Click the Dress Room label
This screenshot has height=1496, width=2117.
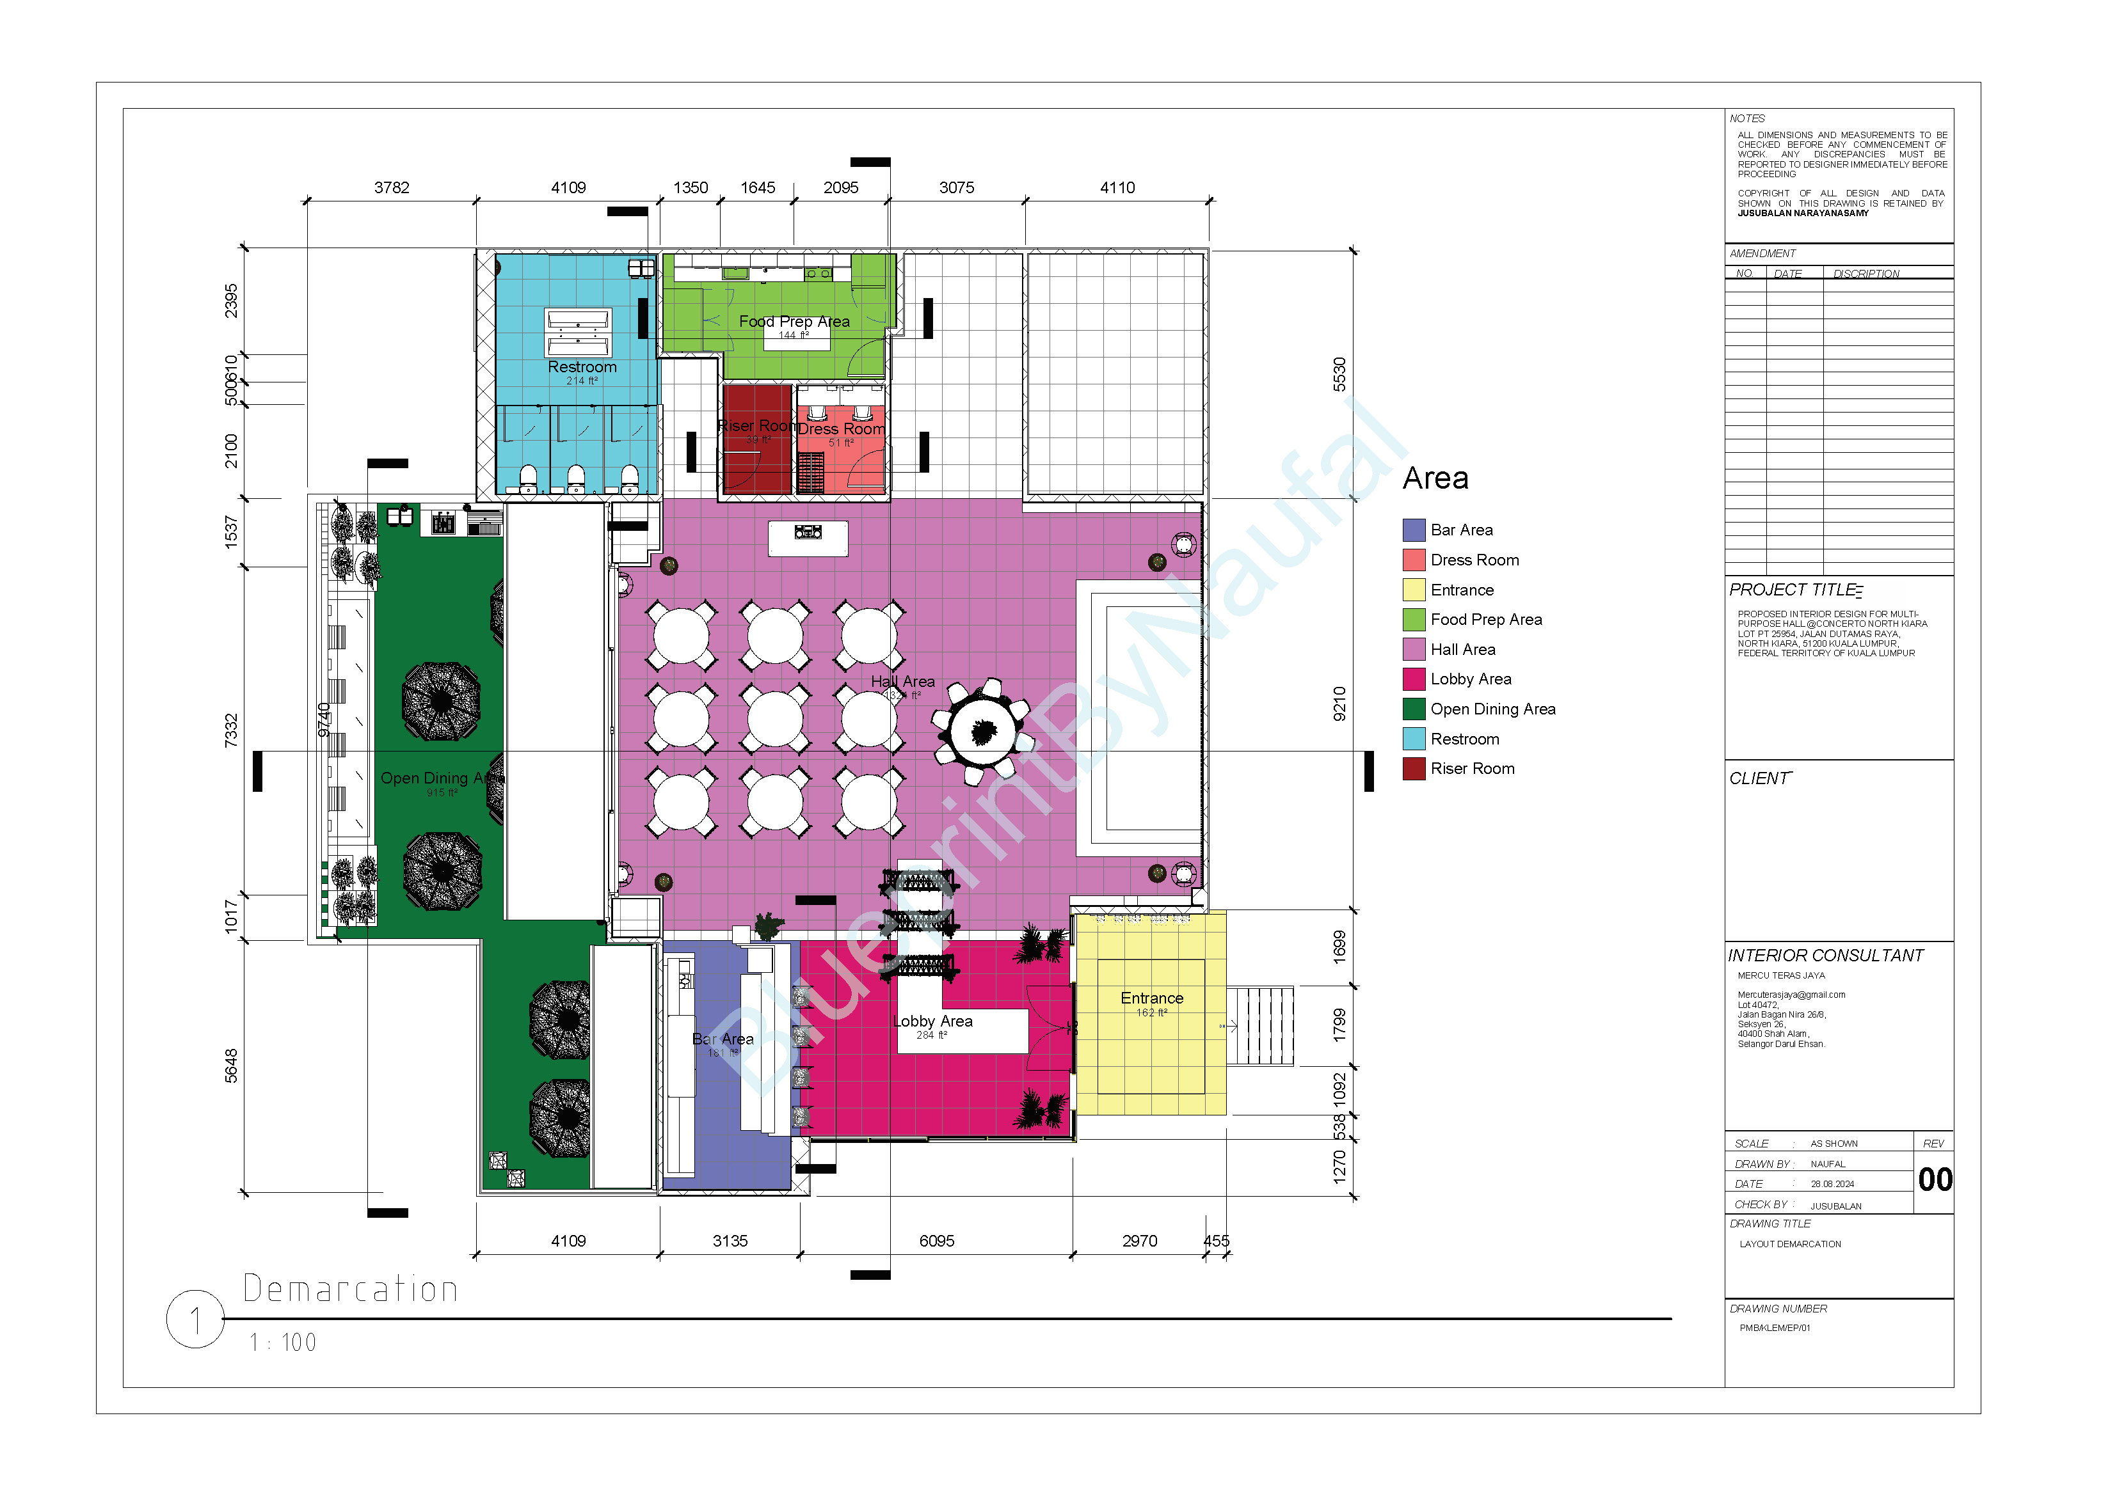[x=841, y=429]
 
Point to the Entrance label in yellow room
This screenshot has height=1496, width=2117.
[x=1152, y=998]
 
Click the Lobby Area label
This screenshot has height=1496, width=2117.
[x=933, y=1021]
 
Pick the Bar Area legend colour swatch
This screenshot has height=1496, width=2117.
[x=1414, y=530]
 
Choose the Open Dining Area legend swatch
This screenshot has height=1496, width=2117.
[x=1414, y=709]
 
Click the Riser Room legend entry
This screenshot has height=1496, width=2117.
[x=1471, y=769]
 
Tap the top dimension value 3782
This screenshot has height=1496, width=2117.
[x=392, y=188]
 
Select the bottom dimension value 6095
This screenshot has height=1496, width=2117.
[x=937, y=1241]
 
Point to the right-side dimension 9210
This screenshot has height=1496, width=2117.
[x=1339, y=704]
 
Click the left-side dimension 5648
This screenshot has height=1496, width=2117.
[x=232, y=1066]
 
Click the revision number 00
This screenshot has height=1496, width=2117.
[x=1935, y=1180]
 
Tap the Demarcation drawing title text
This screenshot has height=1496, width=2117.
[x=350, y=1289]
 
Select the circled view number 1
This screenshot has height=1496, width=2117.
[x=195, y=1320]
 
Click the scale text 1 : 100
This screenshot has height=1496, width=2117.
[x=283, y=1343]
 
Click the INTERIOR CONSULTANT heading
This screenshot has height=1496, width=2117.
[x=1826, y=956]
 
